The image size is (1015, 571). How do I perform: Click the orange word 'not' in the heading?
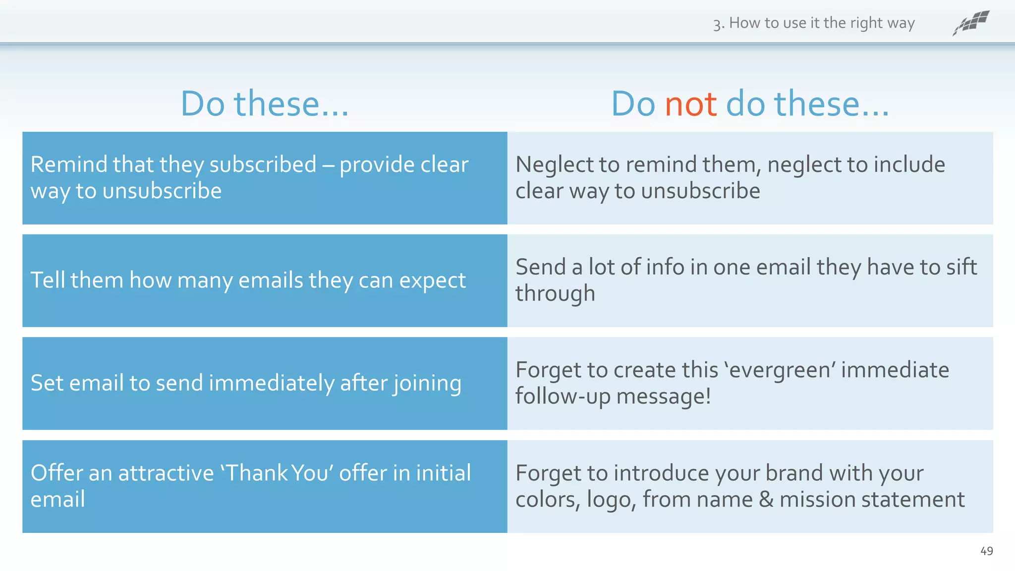point(690,104)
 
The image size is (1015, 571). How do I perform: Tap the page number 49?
point(986,551)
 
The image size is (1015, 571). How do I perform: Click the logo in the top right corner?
point(971,23)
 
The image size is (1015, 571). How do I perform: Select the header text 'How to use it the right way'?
point(821,23)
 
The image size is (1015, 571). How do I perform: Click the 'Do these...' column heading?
point(265,104)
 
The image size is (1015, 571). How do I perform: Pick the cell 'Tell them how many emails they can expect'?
point(248,281)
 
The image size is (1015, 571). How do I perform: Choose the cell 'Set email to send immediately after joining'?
point(246,383)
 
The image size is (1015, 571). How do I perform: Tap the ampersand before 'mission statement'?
point(766,499)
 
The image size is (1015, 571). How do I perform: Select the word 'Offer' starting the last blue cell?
point(56,473)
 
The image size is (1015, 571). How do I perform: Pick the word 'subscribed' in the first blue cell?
point(263,165)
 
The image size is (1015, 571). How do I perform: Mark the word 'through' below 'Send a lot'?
point(555,293)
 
